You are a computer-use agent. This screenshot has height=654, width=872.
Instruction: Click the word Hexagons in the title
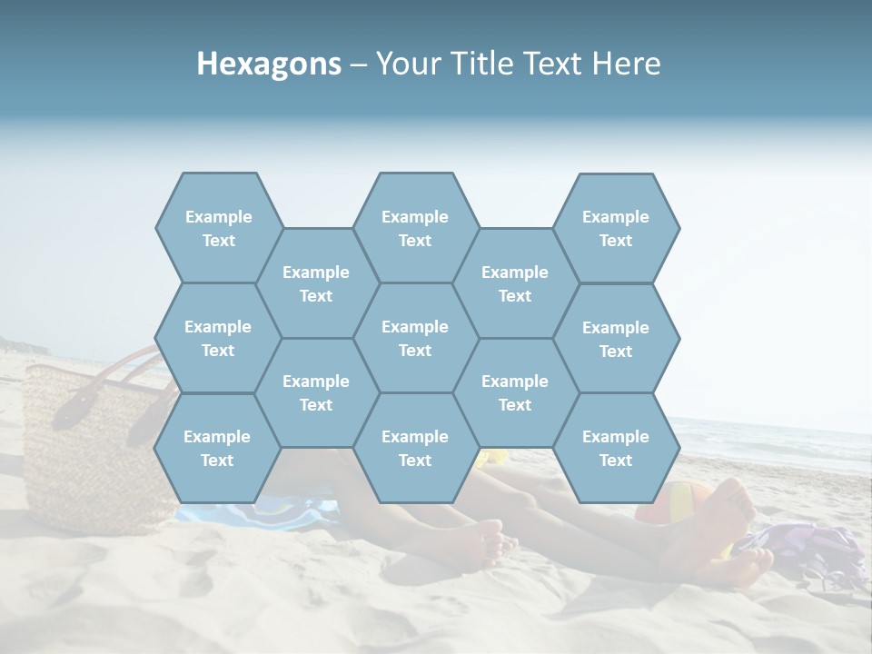pos(269,64)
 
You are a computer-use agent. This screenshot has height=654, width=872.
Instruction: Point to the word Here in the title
pos(627,64)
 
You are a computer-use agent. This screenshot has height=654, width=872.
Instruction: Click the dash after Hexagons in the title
pos(359,64)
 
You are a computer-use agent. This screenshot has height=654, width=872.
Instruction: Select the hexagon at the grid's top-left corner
pos(219,228)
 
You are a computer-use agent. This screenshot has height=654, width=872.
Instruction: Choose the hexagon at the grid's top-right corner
pos(616,228)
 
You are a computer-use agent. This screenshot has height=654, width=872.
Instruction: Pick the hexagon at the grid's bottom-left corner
pos(217,448)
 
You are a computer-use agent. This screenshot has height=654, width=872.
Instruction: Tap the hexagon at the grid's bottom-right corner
pos(616,448)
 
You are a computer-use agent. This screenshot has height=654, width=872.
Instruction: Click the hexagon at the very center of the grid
pos(415,338)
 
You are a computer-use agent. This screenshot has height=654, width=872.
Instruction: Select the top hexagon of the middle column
pos(415,228)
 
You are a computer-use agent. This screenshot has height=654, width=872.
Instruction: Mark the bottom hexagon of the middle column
pos(415,448)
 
